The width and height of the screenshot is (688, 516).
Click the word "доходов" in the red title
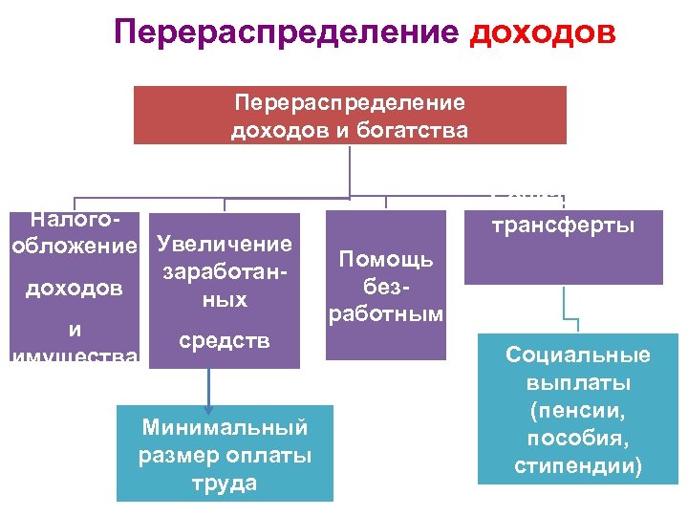coord(544,33)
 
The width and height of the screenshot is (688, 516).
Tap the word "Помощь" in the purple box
coord(386,259)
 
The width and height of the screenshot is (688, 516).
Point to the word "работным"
coord(385,313)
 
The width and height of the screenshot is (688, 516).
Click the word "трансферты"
coord(563,226)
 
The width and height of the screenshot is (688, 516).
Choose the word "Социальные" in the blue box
coord(578,355)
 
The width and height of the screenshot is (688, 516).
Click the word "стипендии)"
coord(578,467)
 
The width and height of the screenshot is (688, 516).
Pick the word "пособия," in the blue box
coord(578,440)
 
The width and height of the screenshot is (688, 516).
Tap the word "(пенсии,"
coord(578,412)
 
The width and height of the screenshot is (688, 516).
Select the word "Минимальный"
coord(225,424)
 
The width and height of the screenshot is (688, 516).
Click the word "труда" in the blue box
coord(225,484)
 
